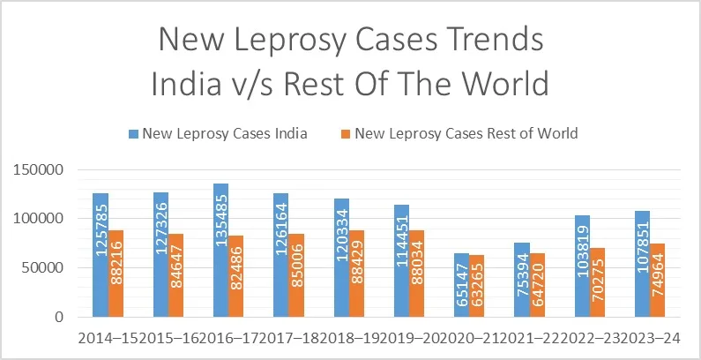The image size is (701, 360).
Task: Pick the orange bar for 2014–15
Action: click(x=116, y=273)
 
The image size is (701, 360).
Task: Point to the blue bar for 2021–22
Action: click(x=521, y=279)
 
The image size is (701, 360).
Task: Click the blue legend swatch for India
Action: click(x=134, y=134)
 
